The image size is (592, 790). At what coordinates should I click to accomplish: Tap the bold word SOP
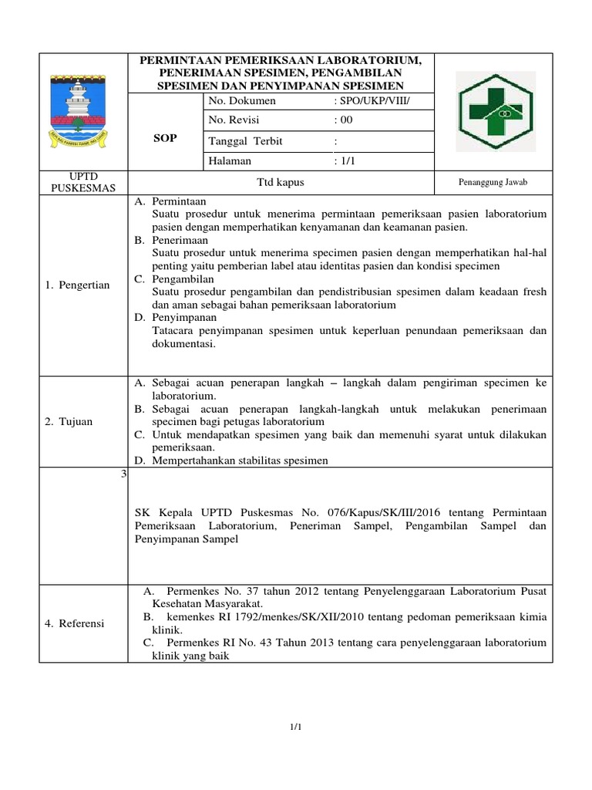pyautogui.click(x=166, y=138)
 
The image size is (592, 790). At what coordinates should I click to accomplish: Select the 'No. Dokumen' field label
pyautogui.click(x=242, y=101)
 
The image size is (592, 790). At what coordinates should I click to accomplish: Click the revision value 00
pyautogui.click(x=345, y=120)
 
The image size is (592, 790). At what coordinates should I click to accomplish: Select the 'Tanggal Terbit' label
pyautogui.click(x=244, y=141)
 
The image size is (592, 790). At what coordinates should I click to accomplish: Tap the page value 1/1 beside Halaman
pyautogui.click(x=343, y=161)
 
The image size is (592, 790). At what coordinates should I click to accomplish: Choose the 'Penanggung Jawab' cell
pyautogui.click(x=493, y=181)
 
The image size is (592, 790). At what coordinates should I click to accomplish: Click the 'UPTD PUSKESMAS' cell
pyautogui.click(x=82, y=182)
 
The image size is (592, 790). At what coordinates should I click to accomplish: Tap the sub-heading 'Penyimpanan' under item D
pyautogui.click(x=184, y=317)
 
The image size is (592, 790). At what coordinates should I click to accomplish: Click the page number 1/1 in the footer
pyautogui.click(x=295, y=727)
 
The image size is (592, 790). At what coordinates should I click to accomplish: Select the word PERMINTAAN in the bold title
pyautogui.click(x=175, y=60)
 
